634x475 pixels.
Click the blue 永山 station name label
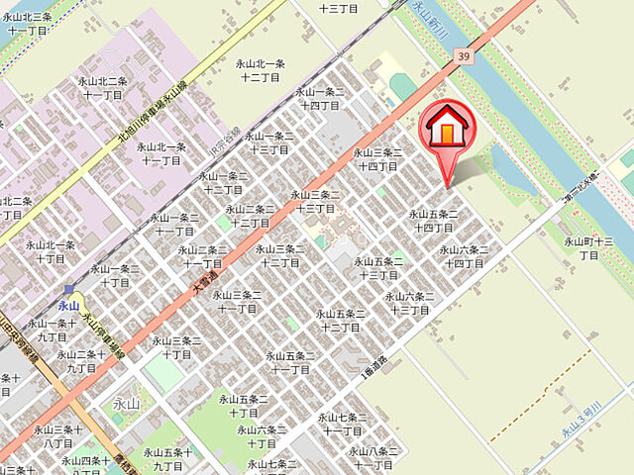68,306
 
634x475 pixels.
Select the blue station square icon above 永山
68,289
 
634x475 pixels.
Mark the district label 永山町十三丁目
588,247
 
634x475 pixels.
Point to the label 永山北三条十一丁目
28,24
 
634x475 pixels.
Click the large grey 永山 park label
126,403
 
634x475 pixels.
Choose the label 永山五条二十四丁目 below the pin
434,221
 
